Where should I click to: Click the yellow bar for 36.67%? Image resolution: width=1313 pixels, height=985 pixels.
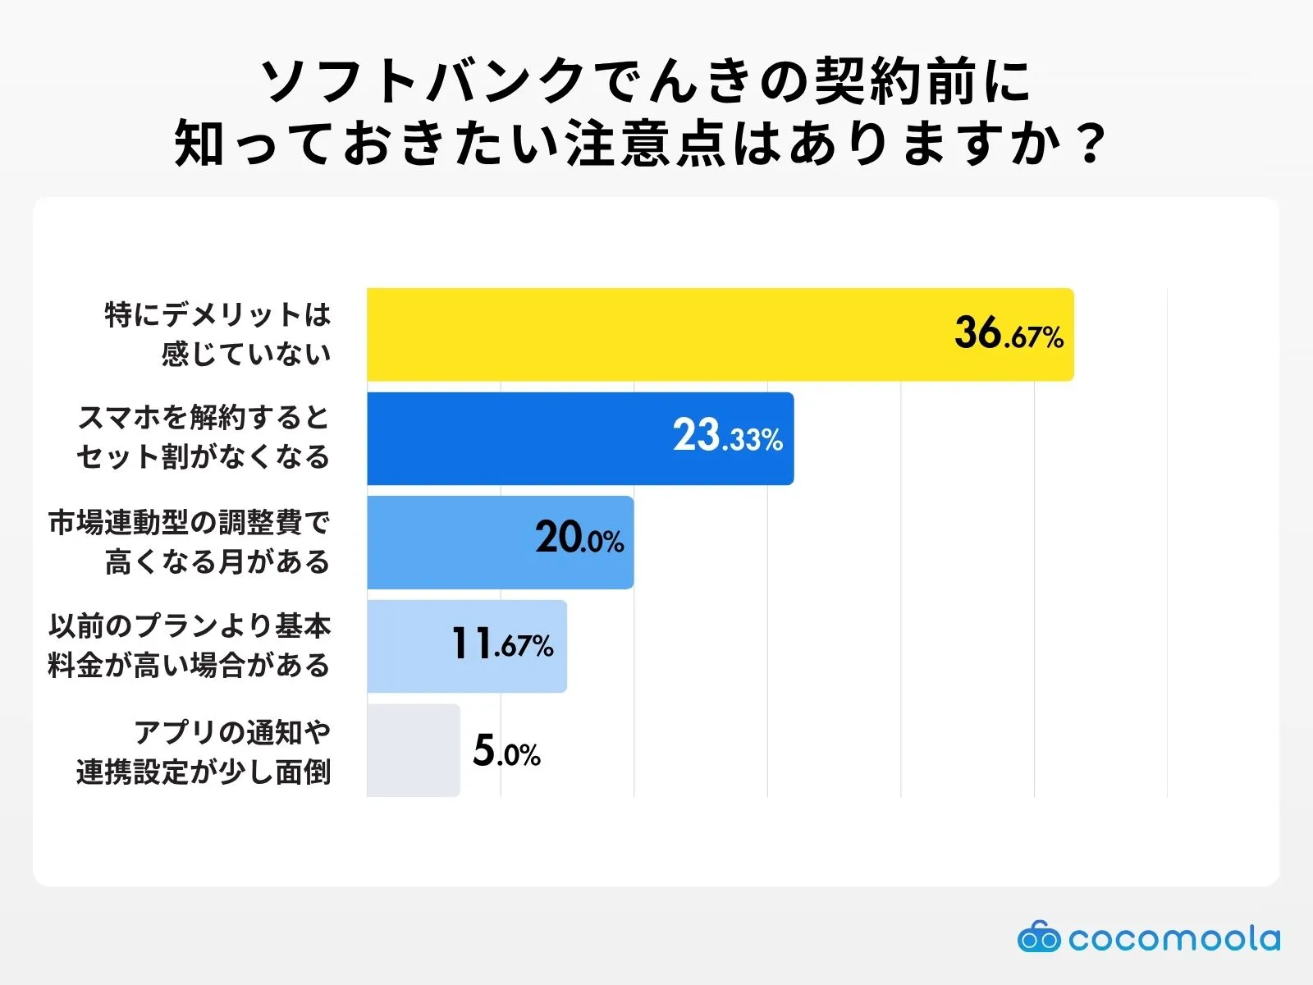(656, 334)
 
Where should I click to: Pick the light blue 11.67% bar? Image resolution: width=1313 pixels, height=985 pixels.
(410, 646)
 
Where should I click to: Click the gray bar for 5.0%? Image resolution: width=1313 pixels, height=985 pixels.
(413, 750)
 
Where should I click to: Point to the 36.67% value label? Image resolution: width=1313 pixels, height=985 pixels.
(1009, 334)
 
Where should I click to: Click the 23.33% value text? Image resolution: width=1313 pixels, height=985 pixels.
(728, 437)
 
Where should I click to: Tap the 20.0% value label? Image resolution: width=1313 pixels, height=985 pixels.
(579, 539)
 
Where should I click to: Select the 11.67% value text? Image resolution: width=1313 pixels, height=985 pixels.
(502, 644)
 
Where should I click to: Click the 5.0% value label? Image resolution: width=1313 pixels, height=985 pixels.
(506, 752)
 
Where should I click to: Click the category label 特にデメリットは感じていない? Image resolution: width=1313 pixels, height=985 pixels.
(218, 334)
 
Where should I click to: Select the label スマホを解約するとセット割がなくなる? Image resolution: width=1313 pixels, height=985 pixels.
(204, 438)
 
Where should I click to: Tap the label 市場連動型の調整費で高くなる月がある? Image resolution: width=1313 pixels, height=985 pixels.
(190, 542)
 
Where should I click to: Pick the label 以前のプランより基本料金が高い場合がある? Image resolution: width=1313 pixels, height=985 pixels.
(190, 646)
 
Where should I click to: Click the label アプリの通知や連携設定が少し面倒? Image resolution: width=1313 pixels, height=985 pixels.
(204, 751)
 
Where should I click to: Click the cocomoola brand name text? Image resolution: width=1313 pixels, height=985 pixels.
(1173, 938)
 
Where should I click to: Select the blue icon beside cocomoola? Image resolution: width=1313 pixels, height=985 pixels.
(1038, 937)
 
